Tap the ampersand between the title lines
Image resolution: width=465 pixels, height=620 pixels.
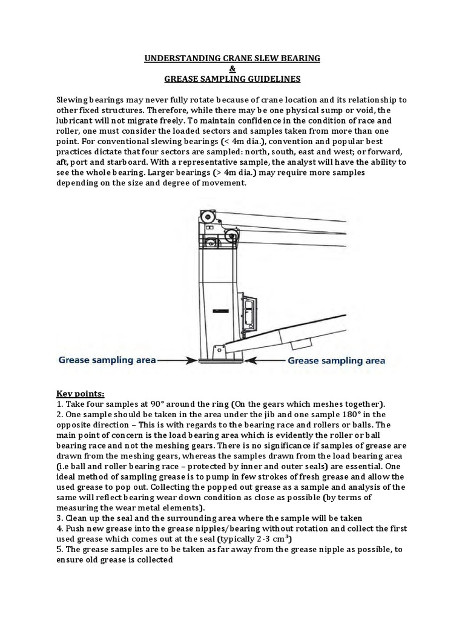pyautogui.click(x=232, y=68)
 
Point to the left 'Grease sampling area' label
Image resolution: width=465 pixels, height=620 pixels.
pyautogui.click(x=107, y=360)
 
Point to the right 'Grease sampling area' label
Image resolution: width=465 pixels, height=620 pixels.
pyautogui.click(x=336, y=360)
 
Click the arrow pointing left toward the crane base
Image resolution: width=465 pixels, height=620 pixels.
pyautogui.click(x=266, y=360)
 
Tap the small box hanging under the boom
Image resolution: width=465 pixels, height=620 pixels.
pyautogui.click(x=300, y=344)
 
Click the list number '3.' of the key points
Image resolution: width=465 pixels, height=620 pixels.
pyautogui.click(x=60, y=518)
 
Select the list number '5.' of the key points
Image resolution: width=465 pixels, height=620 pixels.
pyautogui.click(x=60, y=549)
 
